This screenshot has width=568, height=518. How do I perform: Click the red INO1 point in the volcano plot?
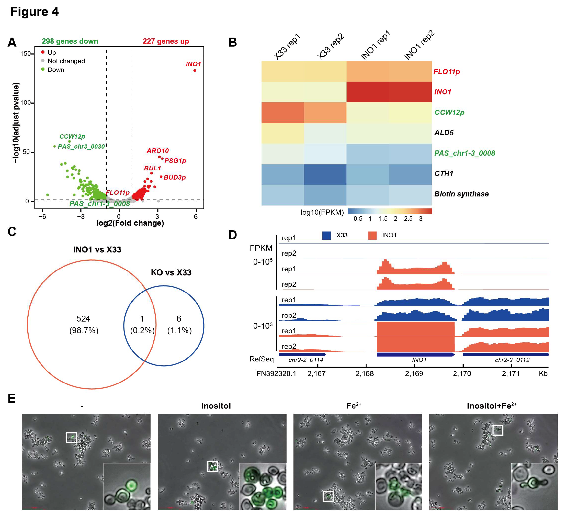coord(195,71)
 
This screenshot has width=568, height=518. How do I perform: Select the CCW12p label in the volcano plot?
coord(72,137)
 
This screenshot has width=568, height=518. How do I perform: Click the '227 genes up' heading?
coord(166,41)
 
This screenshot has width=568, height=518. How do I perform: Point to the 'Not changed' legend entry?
coord(66,61)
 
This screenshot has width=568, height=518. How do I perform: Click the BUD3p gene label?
coord(174,177)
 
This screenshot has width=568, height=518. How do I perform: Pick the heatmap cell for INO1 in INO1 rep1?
coord(367,92)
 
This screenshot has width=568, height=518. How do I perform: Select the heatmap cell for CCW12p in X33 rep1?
coord(282,113)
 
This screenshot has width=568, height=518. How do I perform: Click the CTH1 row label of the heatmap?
coord(444,173)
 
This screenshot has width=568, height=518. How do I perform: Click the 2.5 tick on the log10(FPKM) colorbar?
coord(408,218)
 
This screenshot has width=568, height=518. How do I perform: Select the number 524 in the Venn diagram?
coord(83,319)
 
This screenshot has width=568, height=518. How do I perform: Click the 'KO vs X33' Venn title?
coord(171,272)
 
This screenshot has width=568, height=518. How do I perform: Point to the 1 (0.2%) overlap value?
coord(142,325)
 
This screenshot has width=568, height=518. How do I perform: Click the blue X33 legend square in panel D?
coord(326,235)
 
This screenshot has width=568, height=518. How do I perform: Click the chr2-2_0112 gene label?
coord(512,360)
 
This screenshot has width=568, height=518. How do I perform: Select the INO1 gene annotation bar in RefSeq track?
coord(416,355)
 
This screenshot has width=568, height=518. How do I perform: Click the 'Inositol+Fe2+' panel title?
coord(492,406)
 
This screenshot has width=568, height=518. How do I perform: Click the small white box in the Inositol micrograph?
coord(212,467)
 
